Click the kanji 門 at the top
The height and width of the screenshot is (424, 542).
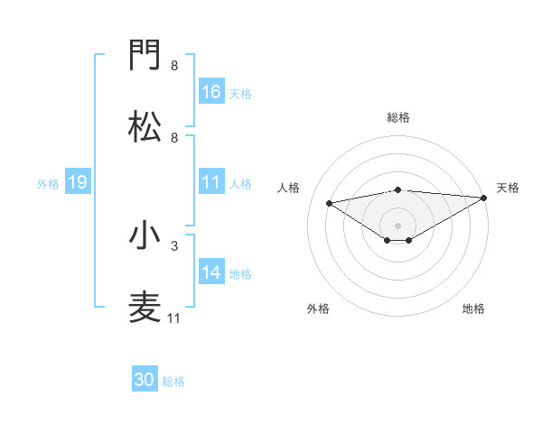pyautogui.click(x=145, y=57)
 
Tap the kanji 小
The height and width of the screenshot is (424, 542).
pyautogui.click(x=145, y=235)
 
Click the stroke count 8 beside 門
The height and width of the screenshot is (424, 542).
pyautogui.click(x=173, y=66)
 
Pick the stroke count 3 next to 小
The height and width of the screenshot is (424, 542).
pyautogui.click(x=173, y=244)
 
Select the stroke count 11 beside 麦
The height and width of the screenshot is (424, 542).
pyautogui.click(x=173, y=318)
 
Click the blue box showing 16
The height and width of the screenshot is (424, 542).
pyautogui.click(x=211, y=92)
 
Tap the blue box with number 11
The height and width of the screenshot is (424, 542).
pyautogui.click(x=211, y=182)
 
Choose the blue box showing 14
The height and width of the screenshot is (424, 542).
pyautogui.click(x=211, y=272)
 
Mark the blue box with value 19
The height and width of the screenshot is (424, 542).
pyautogui.click(x=78, y=182)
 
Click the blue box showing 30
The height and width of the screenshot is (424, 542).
pyautogui.click(x=145, y=380)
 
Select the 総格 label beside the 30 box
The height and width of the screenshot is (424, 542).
pyautogui.click(x=173, y=382)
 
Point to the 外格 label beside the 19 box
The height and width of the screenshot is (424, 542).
pyautogui.click(x=48, y=183)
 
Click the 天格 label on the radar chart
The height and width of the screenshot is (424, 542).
pyautogui.click(x=508, y=188)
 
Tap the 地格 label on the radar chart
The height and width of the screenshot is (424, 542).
pyautogui.click(x=473, y=309)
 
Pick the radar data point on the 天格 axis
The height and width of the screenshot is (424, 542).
pyautogui.click(x=485, y=198)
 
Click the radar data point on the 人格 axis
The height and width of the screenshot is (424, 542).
pyautogui.click(x=329, y=202)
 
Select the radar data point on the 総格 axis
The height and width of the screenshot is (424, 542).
pyautogui.click(x=398, y=189)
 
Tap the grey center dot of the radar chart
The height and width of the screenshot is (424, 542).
pyautogui.click(x=398, y=225)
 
